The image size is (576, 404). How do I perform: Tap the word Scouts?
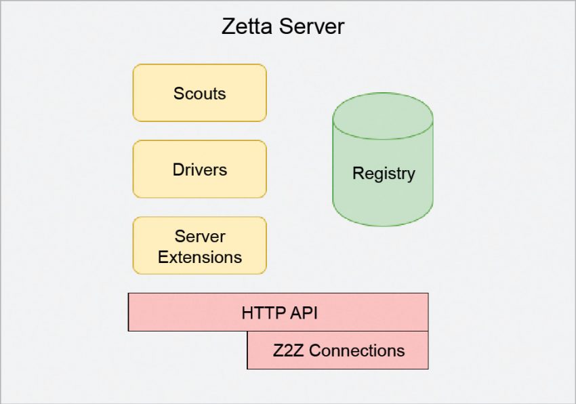tap(199, 94)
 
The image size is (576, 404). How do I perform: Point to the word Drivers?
tap(199, 169)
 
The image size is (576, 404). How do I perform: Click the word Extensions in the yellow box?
tap(199, 257)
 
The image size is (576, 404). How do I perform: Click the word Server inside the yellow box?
tap(199, 237)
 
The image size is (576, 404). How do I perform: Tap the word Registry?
tap(383, 174)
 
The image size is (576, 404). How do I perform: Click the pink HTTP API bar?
tap(169, 312)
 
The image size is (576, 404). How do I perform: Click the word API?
tap(302, 313)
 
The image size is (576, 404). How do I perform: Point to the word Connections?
tap(356, 350)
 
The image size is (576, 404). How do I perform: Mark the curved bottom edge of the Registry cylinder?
tap(383, 224)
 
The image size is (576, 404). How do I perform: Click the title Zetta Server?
tap(283, 27)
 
